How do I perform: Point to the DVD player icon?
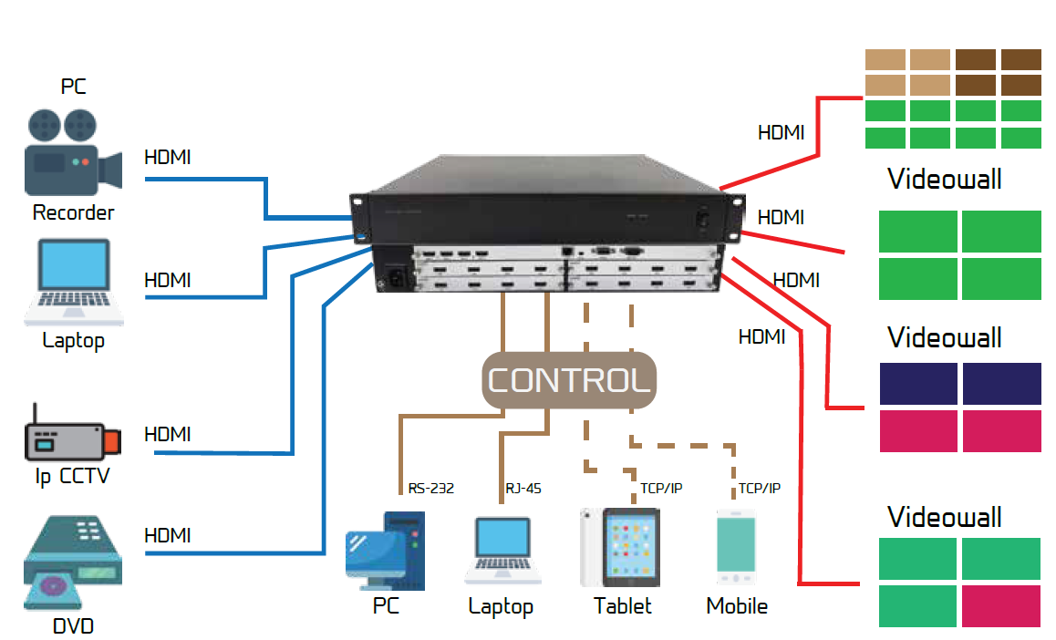72,560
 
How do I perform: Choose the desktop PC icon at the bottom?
386,550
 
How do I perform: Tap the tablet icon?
620,547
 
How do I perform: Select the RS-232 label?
431,489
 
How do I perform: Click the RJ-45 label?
523,489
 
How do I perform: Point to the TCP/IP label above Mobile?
759,489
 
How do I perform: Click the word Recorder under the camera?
73,213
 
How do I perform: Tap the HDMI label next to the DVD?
168,535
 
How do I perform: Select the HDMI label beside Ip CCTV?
168,434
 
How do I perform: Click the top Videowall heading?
944,179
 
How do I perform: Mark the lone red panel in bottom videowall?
1000,605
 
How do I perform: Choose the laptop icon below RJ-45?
502,552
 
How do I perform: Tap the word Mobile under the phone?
737,606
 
